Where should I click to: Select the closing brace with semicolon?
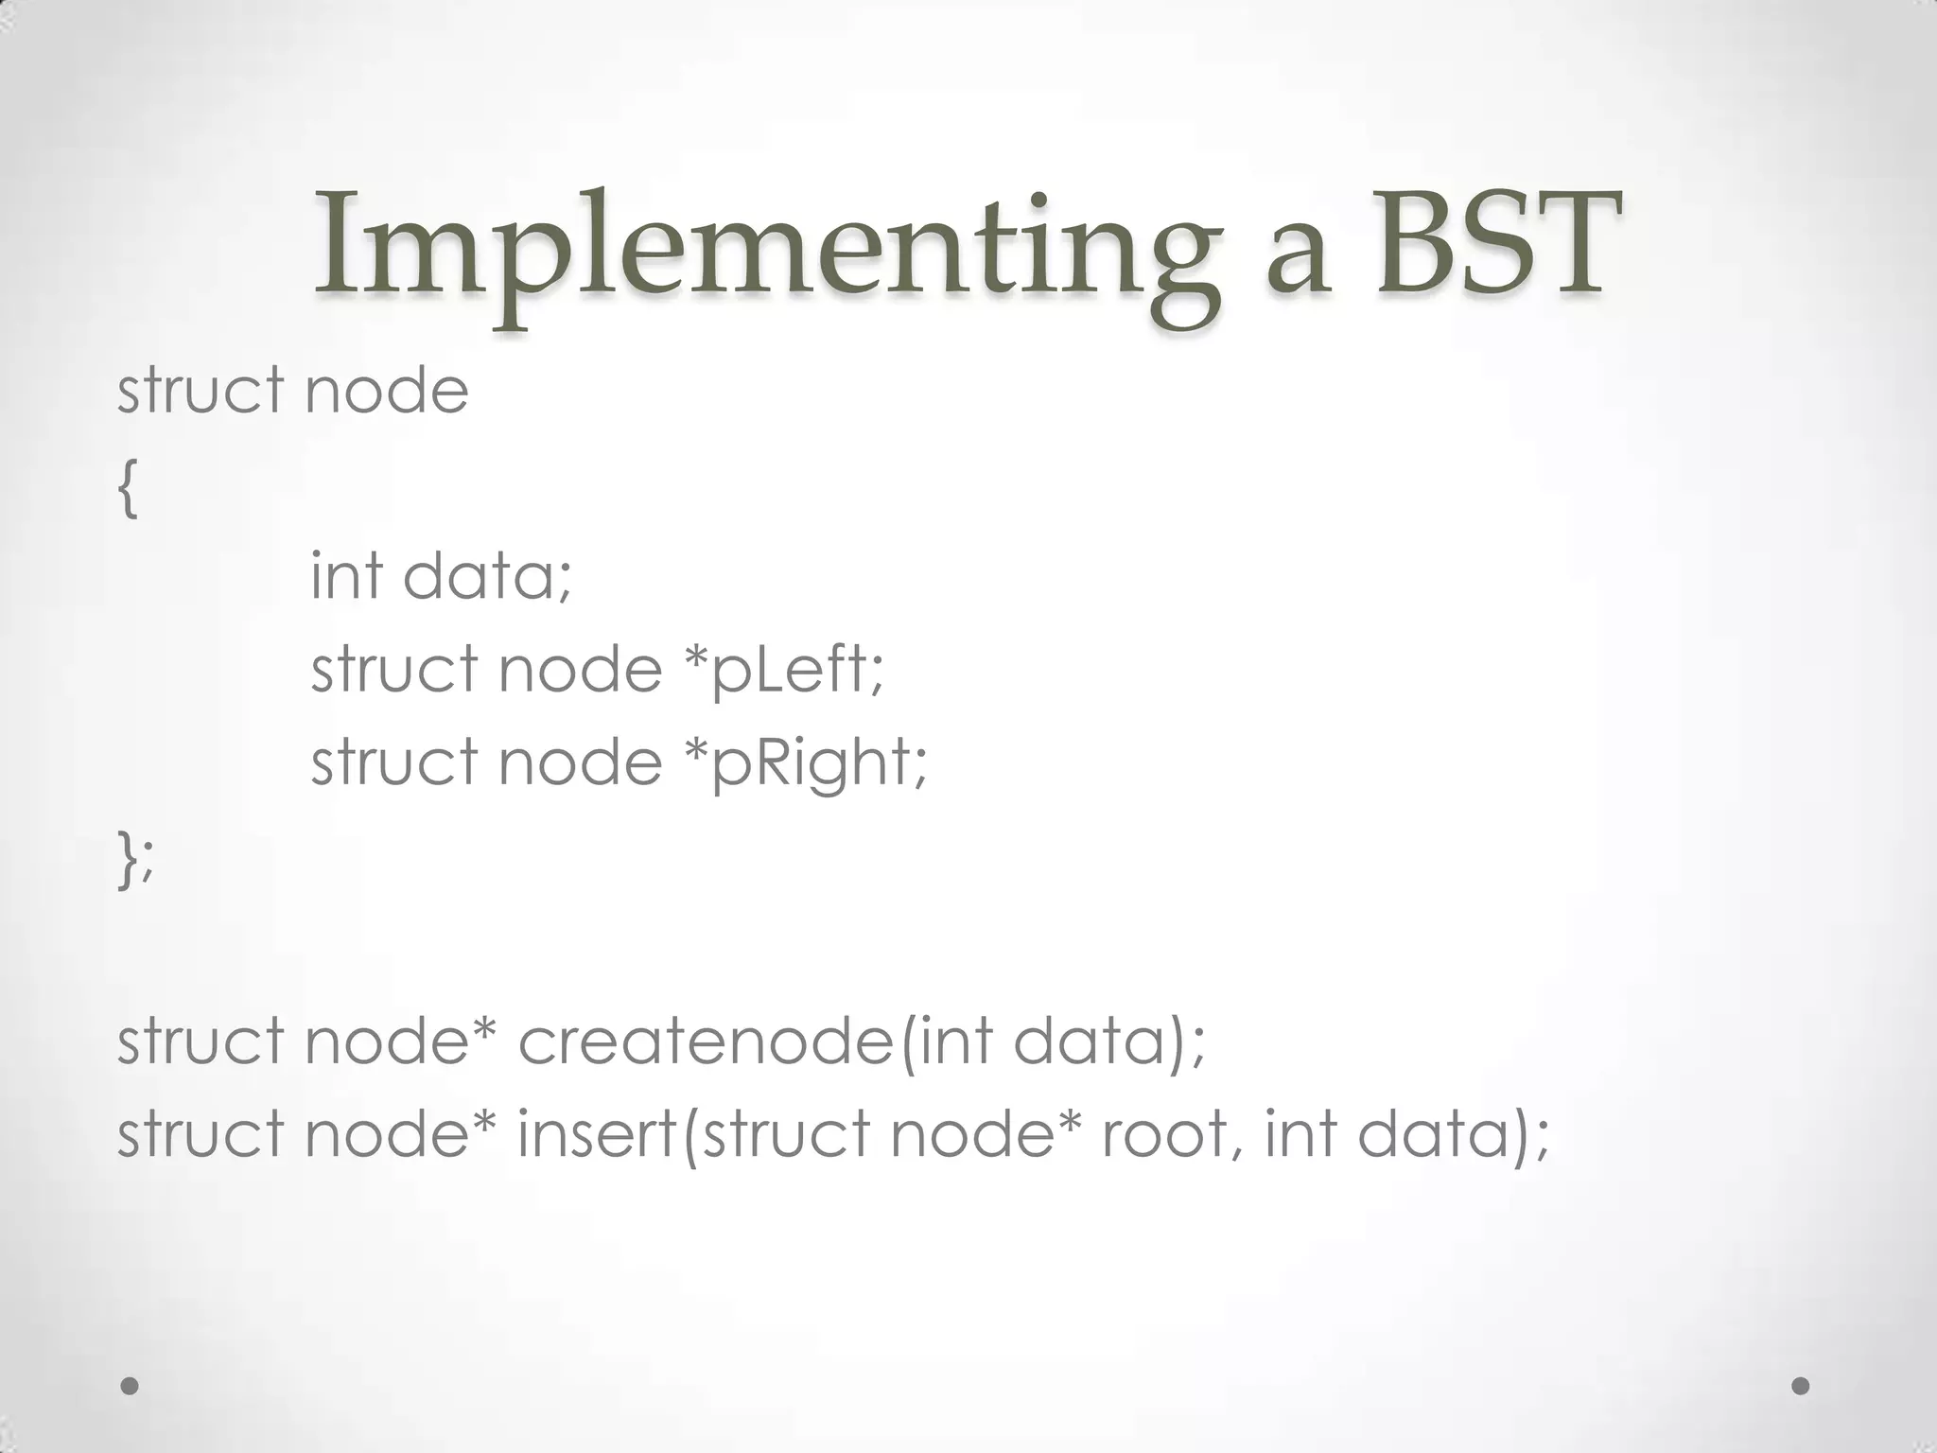(x=135, y=859)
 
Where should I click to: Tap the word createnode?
(x=705, y=1041)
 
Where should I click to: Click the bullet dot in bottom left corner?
(x=131, y=1386)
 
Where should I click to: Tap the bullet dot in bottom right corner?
(x=1801, y=1386)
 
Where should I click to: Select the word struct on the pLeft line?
(x=393, y=670)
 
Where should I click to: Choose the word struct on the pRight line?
(x=393, y=762)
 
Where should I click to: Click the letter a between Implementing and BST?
(x=1299, y=257)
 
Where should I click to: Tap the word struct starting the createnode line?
(x=200, y=1041)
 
